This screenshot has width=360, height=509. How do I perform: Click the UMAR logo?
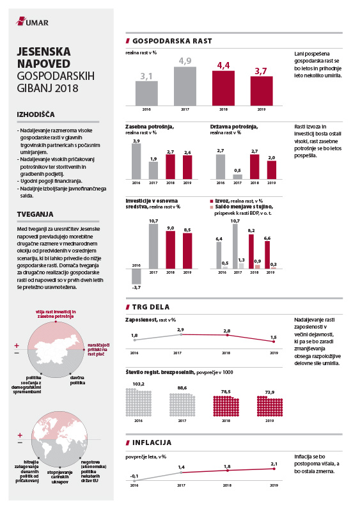click(32, 22)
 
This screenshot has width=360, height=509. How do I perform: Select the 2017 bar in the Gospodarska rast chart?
click(185, 86)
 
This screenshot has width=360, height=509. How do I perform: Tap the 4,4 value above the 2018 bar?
click(223, 66)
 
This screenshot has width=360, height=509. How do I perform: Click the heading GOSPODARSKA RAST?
click(172, 41)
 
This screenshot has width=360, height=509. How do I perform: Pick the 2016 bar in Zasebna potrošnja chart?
click(136, 161)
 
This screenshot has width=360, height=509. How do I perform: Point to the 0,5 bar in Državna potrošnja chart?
click(238, 176)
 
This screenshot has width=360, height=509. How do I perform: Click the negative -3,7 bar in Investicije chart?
click(136, 277)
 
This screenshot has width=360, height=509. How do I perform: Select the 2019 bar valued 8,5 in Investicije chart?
click(187, 251)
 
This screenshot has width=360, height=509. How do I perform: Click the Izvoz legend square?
click(212, 201)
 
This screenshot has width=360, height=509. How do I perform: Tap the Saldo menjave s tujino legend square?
click(212, 207)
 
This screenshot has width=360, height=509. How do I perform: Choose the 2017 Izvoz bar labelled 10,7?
click(235, 246)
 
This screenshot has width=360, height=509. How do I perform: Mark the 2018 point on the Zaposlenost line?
click(227, 335)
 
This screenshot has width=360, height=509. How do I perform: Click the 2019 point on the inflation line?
click(274, 469)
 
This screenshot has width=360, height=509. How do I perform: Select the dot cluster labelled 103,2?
click(139, 402)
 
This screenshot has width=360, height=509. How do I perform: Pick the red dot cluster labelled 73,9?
click(270, 406)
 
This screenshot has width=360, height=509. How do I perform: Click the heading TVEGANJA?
click(35, 214)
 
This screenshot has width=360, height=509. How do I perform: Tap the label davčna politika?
click(77, 380)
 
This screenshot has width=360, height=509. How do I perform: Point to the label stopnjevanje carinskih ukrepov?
click(59, 477)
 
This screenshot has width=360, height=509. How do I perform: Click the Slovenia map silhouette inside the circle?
click(58, 349)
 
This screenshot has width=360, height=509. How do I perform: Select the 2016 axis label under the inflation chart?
click(134, 485)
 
